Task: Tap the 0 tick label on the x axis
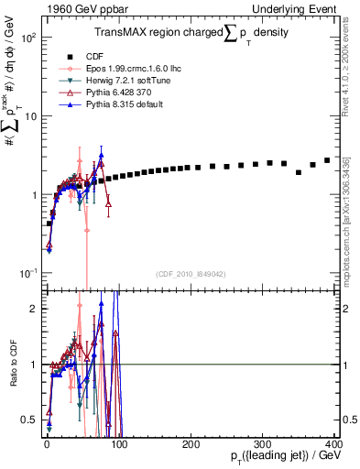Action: point(46,443)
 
